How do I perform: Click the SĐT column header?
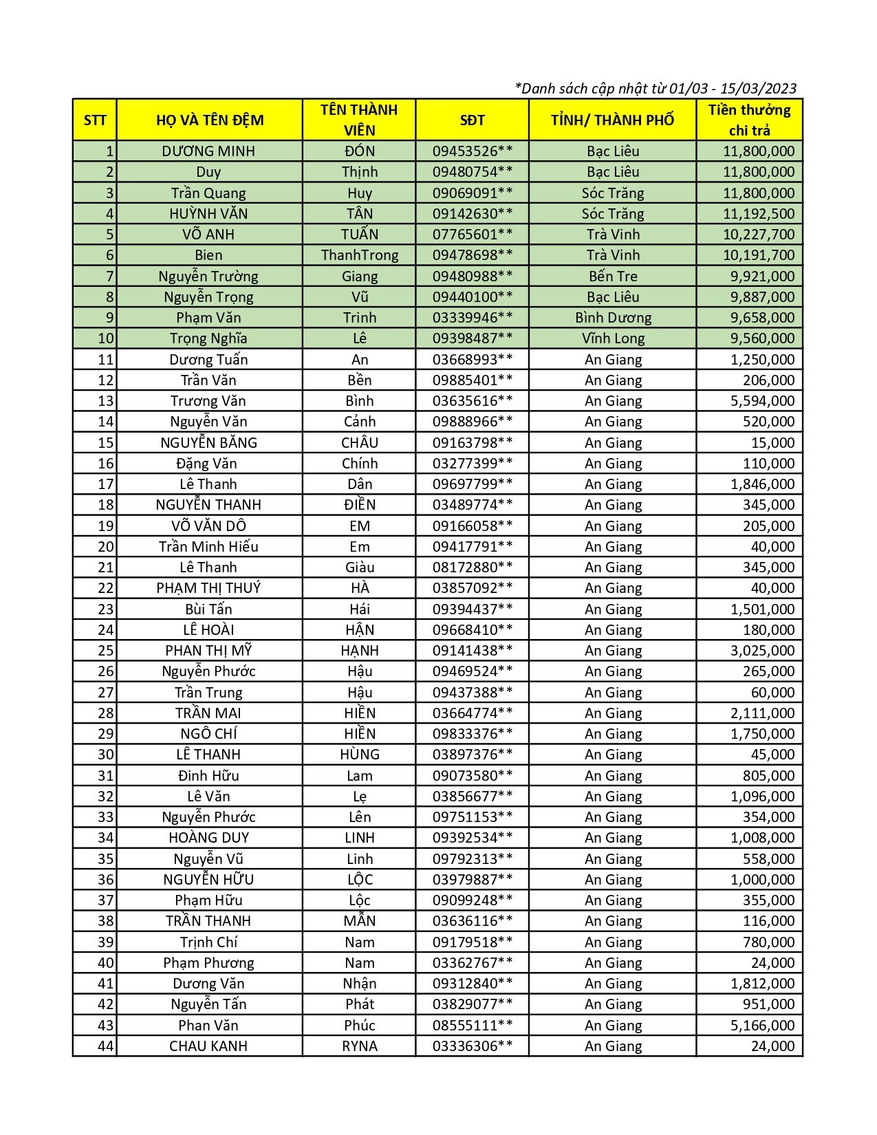(472, 120)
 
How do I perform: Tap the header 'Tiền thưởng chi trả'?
(749, 120)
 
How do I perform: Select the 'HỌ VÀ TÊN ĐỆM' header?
(209, 120)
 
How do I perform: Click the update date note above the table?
(656, 89)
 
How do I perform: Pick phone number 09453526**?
(472, 151)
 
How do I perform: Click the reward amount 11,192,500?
(758, 214)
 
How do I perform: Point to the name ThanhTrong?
(359, 255)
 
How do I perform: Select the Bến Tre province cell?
(612, 277)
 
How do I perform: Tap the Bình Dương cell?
(612, 318)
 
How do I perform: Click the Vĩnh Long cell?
(612, 338)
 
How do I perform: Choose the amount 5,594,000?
(761, 401)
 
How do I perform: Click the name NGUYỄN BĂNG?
(208, 443)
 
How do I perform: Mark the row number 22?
(105, 588)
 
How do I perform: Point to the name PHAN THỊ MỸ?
(208, 651)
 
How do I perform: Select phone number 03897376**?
(472, 755)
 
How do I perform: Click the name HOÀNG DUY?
(208, 838)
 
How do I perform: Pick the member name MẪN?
(359, 921)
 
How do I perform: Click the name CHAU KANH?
(208, 1046)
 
